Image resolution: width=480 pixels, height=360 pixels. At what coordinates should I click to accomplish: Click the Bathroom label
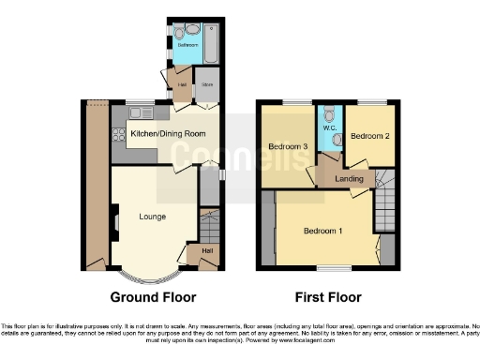coord(187,44)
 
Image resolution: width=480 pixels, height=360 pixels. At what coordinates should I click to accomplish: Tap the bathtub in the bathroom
coord(208,42)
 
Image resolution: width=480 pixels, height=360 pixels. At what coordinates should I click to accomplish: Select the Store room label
coord(207,84)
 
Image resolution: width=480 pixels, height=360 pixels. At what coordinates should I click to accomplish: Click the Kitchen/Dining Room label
coord(168,134)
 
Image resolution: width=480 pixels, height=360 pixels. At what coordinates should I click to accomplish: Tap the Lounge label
coord(152,217)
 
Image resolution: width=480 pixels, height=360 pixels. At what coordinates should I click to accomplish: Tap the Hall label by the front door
coord(206,250)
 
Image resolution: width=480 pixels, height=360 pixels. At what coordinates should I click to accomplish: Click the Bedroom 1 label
coord(322,231)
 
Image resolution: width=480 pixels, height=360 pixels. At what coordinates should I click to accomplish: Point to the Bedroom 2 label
coord(369,136)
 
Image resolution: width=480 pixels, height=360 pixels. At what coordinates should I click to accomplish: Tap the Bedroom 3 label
coord(288,146)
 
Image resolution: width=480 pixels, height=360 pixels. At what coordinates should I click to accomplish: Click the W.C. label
coord(328,128)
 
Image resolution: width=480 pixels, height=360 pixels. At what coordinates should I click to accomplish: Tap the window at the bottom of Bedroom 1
coord(330,270)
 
